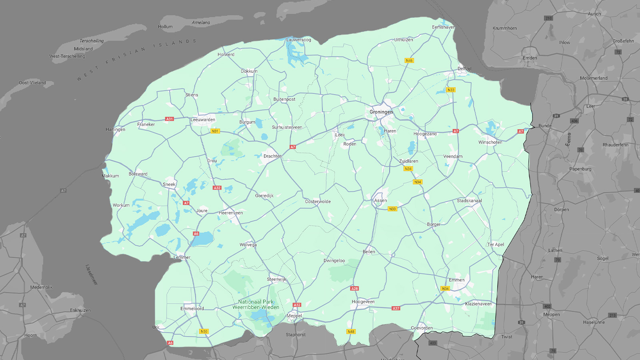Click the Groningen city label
pos(381,112)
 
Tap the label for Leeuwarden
pos(203,120)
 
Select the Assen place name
pos(380,200)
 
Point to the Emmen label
pos(456,280)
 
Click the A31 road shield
pos(170,119)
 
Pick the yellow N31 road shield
pos(215,131)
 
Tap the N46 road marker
pos(409,61)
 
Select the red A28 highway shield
pos(354,288)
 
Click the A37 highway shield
pos(396,308)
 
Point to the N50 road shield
pos(204,332)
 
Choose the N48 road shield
pos(351,332)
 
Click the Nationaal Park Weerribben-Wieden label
pos(256,305)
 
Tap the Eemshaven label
pos(443,27)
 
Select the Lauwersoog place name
pos(298,40)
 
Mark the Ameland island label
pos(201,22)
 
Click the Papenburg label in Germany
pos(580,169)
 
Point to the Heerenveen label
pos(230,213)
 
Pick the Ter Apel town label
pos(496,244)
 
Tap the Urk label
pos(156,327)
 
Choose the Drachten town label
pos(272,156)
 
